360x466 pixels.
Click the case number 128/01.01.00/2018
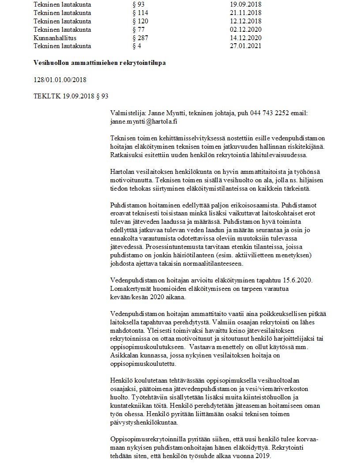[x=60, y=79]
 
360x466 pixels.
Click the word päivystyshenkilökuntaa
[x=143, y=421]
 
